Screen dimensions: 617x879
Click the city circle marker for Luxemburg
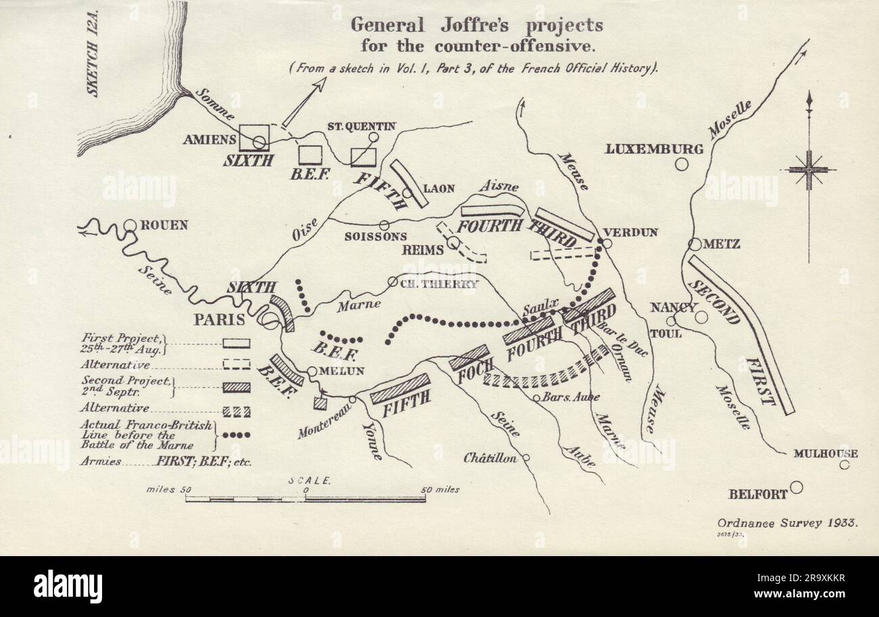(682, 164)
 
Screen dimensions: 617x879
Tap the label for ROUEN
(164, 225)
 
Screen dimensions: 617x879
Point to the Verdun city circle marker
(607, 244)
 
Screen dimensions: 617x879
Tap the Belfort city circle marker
(797, 487)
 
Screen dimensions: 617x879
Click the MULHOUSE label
(825, 453)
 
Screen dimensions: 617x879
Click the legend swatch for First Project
(237, 344)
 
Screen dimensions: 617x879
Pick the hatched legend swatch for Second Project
(237, 388)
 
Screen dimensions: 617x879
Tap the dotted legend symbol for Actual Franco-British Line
(237, 435)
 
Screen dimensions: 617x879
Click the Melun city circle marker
(312, 371)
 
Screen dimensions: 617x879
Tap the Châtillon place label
(490, 458)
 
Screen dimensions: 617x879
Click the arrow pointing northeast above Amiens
(304, 101)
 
